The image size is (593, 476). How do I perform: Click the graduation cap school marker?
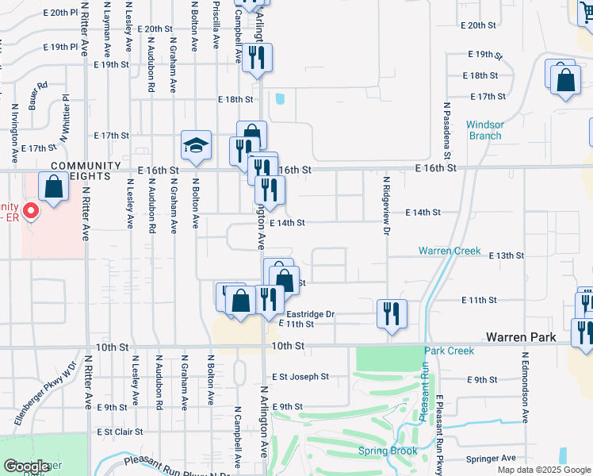[x=196, y=145]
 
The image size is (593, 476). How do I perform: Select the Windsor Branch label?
[x=484, y=130]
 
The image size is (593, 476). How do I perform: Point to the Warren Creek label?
[x=450, y=251]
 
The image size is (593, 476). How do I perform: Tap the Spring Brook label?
[x=387, y=451]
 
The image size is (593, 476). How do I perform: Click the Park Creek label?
[x=449, y=351]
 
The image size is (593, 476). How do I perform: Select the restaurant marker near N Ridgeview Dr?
[x=392, y=313]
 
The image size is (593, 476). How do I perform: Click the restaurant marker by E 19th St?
[x=257, y=58]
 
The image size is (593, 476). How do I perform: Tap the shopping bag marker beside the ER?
[x=52, y=188]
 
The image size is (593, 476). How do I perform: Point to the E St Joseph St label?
[x=300, y=377]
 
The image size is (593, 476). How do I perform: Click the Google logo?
[x=26, y=466]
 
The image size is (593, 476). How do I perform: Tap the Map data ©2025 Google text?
[x=544, y=470]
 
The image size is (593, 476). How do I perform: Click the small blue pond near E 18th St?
[x=279, y=100]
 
